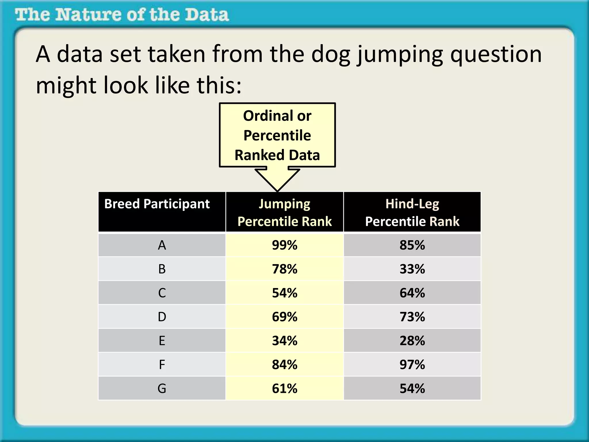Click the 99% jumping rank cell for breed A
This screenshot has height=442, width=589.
coord(284,245)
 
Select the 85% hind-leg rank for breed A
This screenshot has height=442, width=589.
coord(412,245)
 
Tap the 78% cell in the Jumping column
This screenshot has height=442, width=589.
coord(284,269)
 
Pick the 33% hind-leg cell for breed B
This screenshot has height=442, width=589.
coord(412,269)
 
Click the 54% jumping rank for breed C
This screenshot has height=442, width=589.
coord(284,293)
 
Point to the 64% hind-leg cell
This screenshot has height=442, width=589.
coord(412,293)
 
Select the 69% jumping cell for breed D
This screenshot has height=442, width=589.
coord(284,317)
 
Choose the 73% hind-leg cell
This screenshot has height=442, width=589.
coord(412,317)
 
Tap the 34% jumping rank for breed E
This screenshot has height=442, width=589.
coord(284,341)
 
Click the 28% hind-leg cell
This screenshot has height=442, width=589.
coord(412,341)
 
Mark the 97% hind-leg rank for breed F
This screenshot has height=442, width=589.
coord(412,365)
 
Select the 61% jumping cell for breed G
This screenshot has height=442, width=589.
coord(284,388)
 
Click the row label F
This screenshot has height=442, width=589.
coord(162,365)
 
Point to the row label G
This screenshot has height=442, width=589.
coord(162,388)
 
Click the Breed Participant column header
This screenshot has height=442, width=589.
coord(157,204)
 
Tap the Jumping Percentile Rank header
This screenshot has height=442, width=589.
coord(284,212)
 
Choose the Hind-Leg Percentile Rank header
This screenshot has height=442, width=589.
coord(412,212)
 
